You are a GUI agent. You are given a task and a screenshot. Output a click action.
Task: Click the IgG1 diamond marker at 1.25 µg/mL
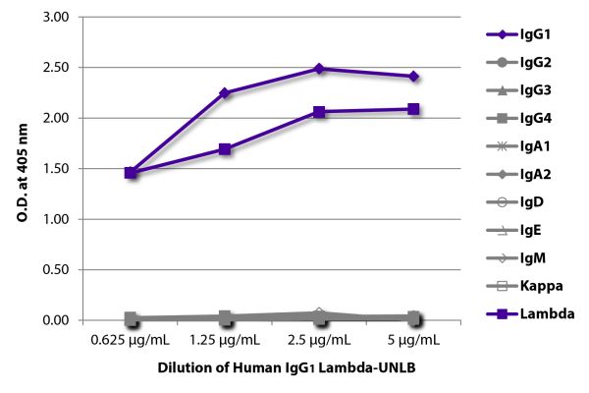coord(225,93)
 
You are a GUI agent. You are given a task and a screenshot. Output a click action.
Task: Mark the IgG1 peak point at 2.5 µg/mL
coord(319,69)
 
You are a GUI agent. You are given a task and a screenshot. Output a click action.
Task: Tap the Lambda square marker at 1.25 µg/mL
coord(225,149)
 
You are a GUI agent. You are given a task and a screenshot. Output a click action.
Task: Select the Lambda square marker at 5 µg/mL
coord(413,109)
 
